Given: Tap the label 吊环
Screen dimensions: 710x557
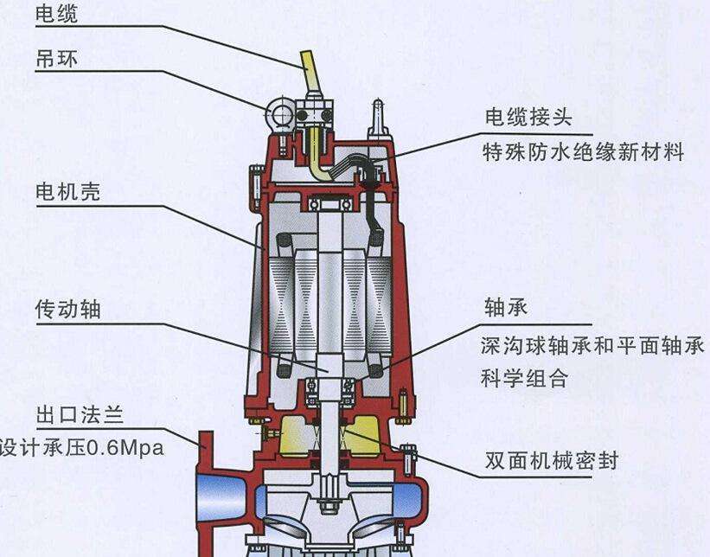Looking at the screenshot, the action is tap(56, 59).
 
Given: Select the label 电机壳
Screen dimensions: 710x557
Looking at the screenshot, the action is tap(68, 192).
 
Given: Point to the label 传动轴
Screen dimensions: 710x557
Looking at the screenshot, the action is tap(68, 310).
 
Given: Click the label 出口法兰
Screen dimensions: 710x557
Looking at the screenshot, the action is tap(80, 415).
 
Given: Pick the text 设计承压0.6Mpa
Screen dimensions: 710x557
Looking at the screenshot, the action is tap(81, 448).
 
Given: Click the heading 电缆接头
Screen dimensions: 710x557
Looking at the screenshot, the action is tap(529, 117).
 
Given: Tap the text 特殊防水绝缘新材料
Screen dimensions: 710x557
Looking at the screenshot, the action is tap(583, 151).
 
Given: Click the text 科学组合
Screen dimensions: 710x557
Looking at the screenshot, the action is tap(524, 378).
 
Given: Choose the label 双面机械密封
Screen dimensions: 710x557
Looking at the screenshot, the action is tap(552, 460).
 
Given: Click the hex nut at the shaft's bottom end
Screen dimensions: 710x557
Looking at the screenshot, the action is tap(329, 506).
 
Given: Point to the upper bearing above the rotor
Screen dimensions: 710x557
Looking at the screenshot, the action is tap(329, 205).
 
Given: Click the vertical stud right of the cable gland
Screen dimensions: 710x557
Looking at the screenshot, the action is tap(378, 116).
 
